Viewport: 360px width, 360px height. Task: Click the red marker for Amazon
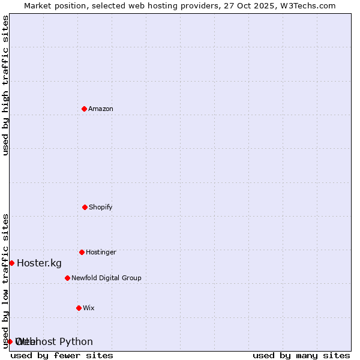[x=84, y=109]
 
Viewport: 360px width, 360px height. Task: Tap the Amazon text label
[x=101, y=109]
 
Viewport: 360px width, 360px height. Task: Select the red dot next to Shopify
[x=85, y=207]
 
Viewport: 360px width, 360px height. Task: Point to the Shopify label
[x=101, y=208]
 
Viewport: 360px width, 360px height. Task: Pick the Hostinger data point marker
[x=82, y=252]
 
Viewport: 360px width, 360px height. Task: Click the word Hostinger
[x=101, y=253]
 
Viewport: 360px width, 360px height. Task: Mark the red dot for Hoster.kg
[x=11, y=263]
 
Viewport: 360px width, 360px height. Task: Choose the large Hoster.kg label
[x=39, y=263]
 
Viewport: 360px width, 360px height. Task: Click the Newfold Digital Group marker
[x=67, y=278]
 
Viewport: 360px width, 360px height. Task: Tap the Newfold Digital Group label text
[x=106, y=278]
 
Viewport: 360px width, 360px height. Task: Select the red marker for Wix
[x=79, y=308]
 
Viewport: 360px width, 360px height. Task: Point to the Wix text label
[x=89, y=308]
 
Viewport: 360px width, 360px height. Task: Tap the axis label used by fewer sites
[x=62, y=355]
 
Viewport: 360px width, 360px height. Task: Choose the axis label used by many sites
[x=301, y=355]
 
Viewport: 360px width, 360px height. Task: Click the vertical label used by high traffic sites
[x=6, y=85]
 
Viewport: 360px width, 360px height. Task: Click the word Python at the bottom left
[x=76, y=342]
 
